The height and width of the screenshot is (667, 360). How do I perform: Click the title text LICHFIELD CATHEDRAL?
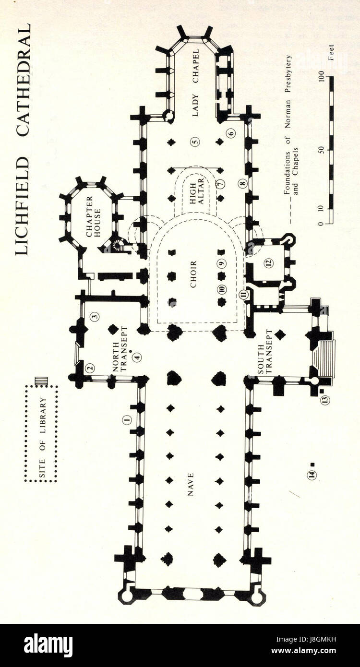23,140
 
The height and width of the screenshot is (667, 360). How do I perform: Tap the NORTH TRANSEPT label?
119,345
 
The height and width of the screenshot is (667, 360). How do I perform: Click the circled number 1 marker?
127,420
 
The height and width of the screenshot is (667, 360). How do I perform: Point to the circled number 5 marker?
194,142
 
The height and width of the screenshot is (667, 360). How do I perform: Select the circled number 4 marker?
137,357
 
